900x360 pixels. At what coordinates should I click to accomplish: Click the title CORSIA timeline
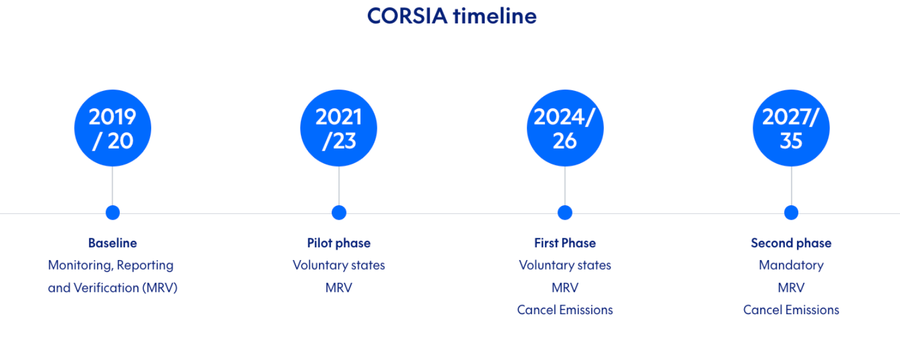(x=452, y=16)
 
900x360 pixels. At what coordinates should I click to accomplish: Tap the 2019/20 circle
(x=113, y=128)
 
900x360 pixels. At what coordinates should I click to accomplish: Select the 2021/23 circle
(x=338, y=128)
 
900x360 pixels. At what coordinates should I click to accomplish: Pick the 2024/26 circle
(x=564, y=128)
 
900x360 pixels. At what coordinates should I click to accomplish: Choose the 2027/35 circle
(x=791, y=128)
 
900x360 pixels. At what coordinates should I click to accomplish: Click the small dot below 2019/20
(x=113, y=213)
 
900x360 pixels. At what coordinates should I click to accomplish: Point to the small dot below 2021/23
(x=339, y=213)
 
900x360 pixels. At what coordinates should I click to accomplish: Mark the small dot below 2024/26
(x=565, y=213)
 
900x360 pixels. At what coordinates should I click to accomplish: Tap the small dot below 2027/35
(x=791, y=213)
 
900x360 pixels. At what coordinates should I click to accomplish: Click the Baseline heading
(x=113, y=243)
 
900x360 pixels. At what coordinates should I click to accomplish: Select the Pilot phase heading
(x=339, y=243)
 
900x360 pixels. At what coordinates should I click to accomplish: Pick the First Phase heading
(x=565, y=243)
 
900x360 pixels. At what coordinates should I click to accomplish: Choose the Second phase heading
(x=791, y=243)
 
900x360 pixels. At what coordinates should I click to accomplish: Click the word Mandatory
(x=791, y=265)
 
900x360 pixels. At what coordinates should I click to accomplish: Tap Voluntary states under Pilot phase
(x=339, y=265)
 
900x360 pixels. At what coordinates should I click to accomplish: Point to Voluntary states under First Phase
(x=565, y=265)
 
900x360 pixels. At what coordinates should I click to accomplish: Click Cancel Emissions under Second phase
(x=791, y=310)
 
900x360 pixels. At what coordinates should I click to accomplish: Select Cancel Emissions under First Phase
(x=565, y=310)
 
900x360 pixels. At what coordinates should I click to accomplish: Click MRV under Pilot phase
(x=339, y=288)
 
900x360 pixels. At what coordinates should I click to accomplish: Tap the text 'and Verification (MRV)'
(x=113, y=288)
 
